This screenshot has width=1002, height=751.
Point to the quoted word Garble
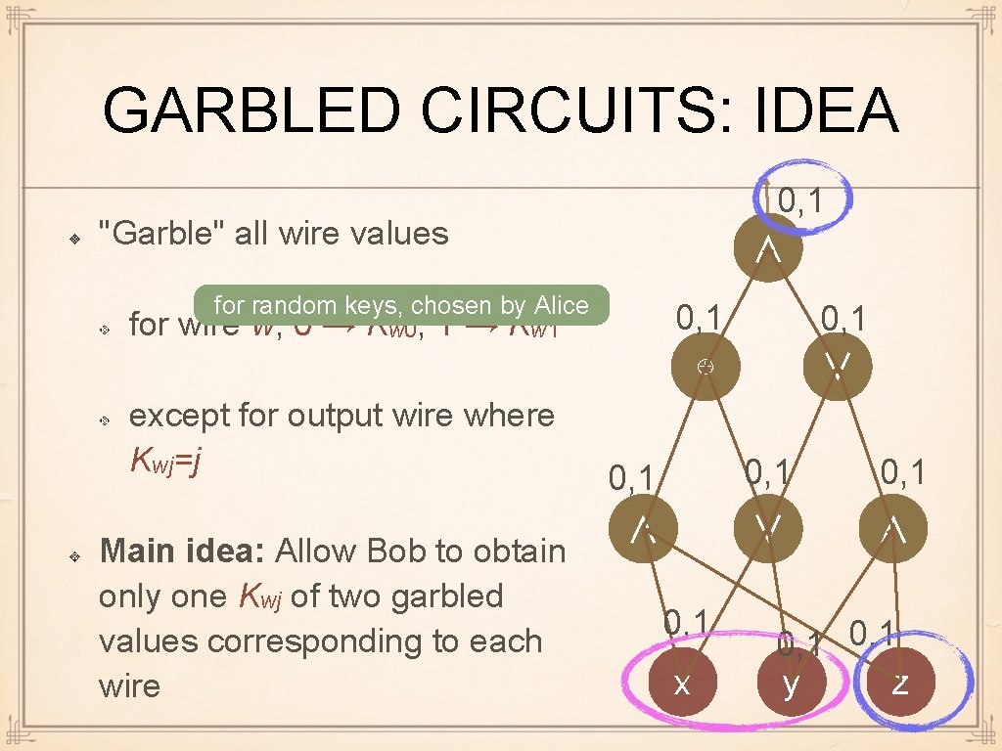pyautogui.click(x=165, y=233)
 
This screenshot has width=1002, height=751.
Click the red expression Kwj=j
pyautogui.click(x=166, y=460)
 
